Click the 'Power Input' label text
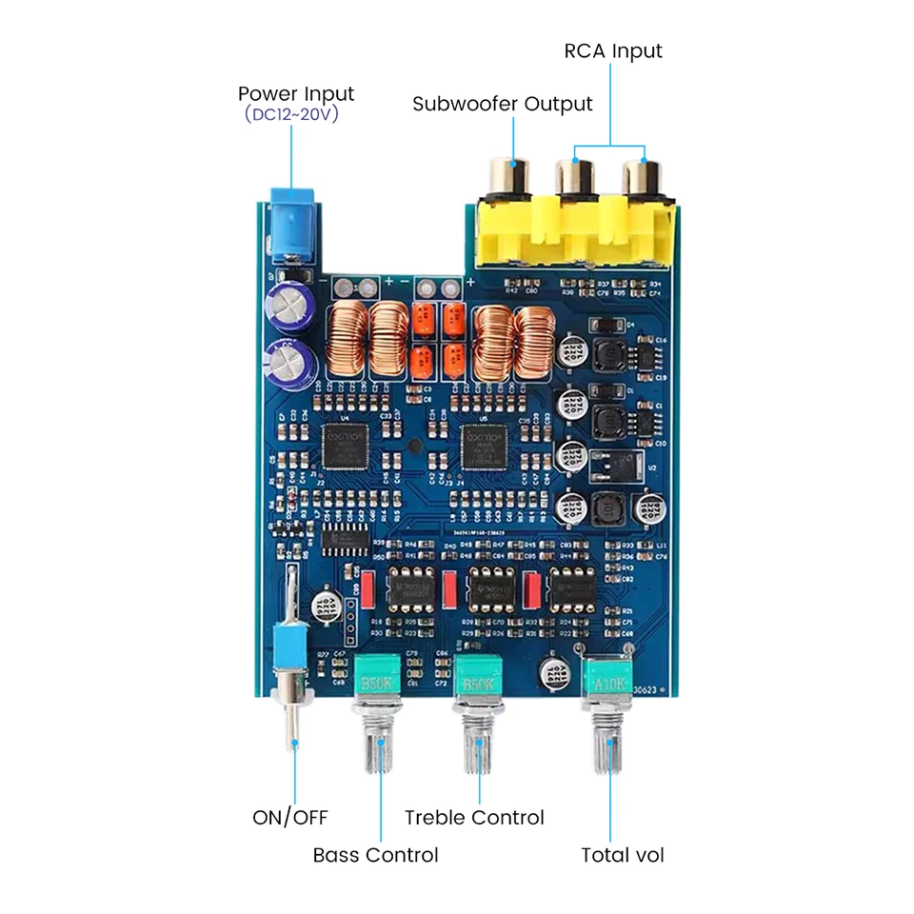[x=295, y=93]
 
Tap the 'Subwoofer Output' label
[x=502, y=104]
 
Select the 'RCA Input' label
[x=612, y=50]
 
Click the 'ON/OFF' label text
[x=289, y=817]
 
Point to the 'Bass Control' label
[x=375, y=855]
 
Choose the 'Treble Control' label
[x=474, y=817]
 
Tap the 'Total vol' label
[x=623, y=855]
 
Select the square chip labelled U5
[x=482, y=446]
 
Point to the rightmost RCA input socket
[x=645, y=177]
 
